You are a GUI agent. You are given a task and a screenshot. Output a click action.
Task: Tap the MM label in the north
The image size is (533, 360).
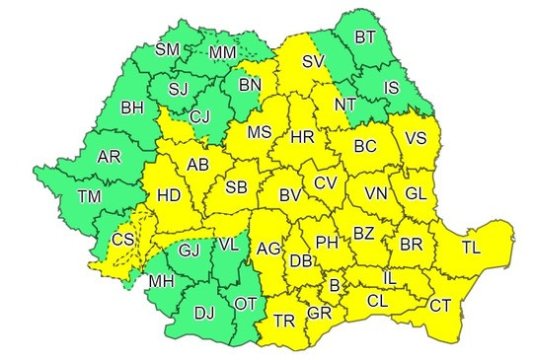tap(224, 50)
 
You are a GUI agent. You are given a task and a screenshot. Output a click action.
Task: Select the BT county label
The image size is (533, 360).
tap(365, 37)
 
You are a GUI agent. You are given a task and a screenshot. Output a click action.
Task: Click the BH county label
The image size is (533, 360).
tap(132, 107)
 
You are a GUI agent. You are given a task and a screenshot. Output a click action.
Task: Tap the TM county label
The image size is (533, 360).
tap(90, 197)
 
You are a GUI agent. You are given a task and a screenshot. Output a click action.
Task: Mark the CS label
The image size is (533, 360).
tap(123, 240)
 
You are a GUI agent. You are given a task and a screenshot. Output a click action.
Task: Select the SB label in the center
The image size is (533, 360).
tap(236, 187)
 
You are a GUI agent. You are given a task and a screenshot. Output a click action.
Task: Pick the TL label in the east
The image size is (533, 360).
tap(470, 247)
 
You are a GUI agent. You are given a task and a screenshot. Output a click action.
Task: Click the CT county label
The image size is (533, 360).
tap(440, 306)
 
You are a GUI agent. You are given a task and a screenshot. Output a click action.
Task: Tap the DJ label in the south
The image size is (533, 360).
tap(203, 314)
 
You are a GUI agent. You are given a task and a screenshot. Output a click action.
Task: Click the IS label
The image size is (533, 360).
tap(392, 89)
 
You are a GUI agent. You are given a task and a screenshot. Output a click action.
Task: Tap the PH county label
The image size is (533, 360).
tap(327, 241)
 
